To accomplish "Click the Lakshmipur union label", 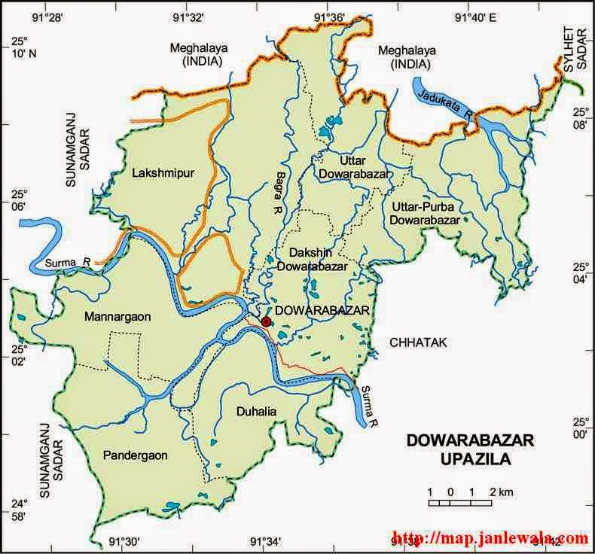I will click(163, 173).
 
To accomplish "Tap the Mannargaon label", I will click(117, 317).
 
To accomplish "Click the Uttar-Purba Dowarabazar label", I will click(425, 213).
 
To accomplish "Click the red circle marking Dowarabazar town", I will click(266, 321).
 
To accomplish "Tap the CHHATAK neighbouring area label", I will click(419, 342).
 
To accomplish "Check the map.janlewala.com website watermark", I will click(490, 539).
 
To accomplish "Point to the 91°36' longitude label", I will click(329, 17).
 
